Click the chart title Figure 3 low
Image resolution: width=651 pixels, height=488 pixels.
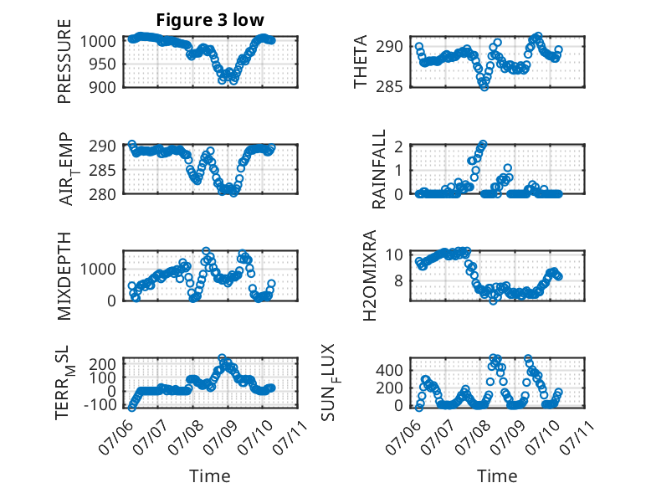coord(210,20)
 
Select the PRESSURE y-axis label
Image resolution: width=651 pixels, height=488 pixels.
coord(64,61)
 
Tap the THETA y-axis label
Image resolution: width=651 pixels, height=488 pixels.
coord(361,61)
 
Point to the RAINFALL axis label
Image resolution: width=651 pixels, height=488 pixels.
coord(379,169)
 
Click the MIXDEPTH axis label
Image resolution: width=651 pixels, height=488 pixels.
coord(64,276)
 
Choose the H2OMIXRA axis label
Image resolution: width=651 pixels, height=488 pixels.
coord(370,275)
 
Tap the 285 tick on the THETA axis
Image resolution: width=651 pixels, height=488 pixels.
coord(389,87)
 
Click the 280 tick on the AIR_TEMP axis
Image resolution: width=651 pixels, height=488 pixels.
coord(102,194)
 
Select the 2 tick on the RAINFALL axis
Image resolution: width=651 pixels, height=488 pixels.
coord(398,146)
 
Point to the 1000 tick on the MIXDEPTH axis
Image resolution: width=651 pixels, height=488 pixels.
coord(98,269)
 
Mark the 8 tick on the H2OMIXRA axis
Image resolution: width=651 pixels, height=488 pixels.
coord(398,280)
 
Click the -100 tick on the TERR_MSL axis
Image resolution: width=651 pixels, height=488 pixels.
coord(100,404)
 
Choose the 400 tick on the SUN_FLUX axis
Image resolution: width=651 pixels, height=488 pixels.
coord(389,370)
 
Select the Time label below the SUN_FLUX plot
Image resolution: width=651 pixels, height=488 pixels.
coord(497,475)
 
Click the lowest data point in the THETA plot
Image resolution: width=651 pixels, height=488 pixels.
coord(484,87)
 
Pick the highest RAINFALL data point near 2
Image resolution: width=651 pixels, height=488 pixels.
coord(483,144)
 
